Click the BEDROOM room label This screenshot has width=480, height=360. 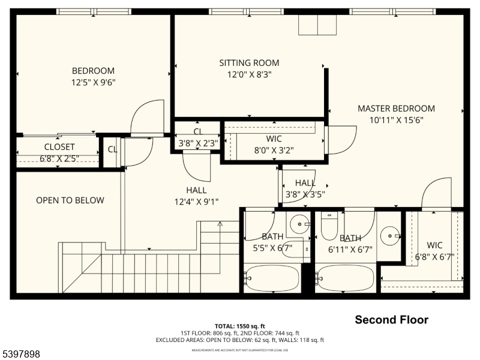pos(93,71)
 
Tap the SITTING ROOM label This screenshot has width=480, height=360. pos(249,63)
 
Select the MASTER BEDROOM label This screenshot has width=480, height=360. pos(396,109)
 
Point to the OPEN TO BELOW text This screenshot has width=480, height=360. pos(70,200)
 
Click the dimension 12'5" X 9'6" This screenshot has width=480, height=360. pos(93,83)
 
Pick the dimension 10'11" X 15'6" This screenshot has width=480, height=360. pos(396,120)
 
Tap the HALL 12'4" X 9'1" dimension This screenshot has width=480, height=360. pos(197,202)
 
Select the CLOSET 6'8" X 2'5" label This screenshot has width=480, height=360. pos(59,158)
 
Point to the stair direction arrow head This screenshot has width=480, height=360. pos(220,224)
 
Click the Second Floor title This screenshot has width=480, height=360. pos(391,320)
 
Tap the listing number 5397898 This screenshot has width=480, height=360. pos(20,355)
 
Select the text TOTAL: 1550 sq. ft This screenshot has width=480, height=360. pos(240,326)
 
